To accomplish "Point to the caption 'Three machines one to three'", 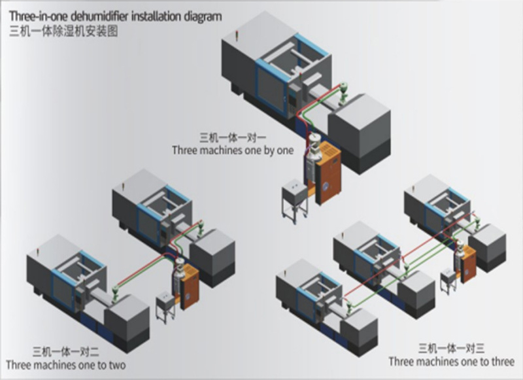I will (451, 361).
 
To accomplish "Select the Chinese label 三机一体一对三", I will (451, 349).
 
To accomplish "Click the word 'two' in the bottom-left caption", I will (116, 364).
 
